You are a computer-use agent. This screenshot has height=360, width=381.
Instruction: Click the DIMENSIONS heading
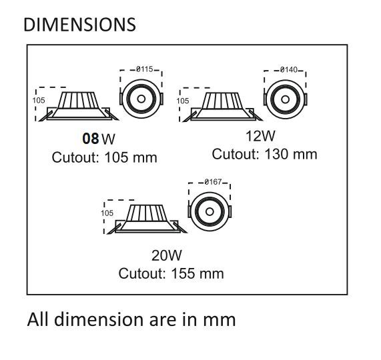tap(79, 25)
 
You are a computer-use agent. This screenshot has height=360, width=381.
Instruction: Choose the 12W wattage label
tap(260, 137)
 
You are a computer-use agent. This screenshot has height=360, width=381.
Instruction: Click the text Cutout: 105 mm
tap(105, 157)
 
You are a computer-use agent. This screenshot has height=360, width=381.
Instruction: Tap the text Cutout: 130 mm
tap(264, 155)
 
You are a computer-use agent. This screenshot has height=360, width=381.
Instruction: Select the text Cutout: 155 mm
tap(171, 273)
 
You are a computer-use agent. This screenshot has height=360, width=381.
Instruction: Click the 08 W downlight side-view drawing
tap(79, 106)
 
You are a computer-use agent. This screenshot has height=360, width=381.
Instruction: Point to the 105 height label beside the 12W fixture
tap(182, 101)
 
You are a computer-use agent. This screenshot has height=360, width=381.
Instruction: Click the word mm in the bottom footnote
tap(222, 319)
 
